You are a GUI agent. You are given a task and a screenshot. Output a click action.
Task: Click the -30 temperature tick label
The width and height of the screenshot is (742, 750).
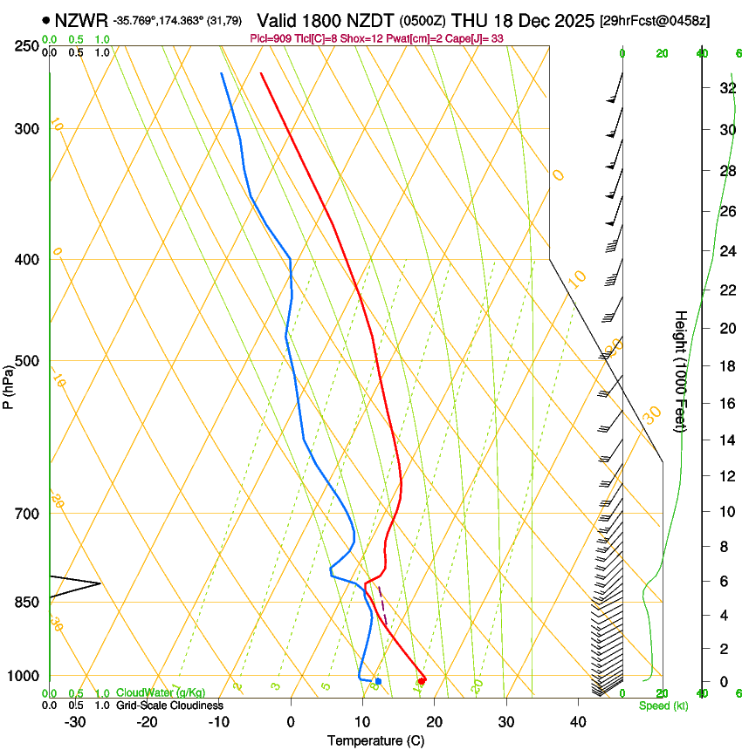point(75,722)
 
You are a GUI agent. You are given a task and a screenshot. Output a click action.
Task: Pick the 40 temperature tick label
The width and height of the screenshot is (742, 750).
point(578,722)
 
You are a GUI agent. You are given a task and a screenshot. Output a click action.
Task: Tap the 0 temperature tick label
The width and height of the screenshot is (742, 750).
point(291,722)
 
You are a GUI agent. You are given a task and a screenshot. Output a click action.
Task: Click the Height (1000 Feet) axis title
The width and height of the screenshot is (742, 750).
point(681,371)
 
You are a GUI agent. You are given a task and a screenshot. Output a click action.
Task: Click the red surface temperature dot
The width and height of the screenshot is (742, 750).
point(423,680)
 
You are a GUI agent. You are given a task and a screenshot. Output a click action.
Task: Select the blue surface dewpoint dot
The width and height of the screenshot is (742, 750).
point(378,681)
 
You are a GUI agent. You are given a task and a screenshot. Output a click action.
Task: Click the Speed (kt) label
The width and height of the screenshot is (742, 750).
point(663,706)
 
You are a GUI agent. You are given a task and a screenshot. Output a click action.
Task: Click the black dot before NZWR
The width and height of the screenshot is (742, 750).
point(45,19)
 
